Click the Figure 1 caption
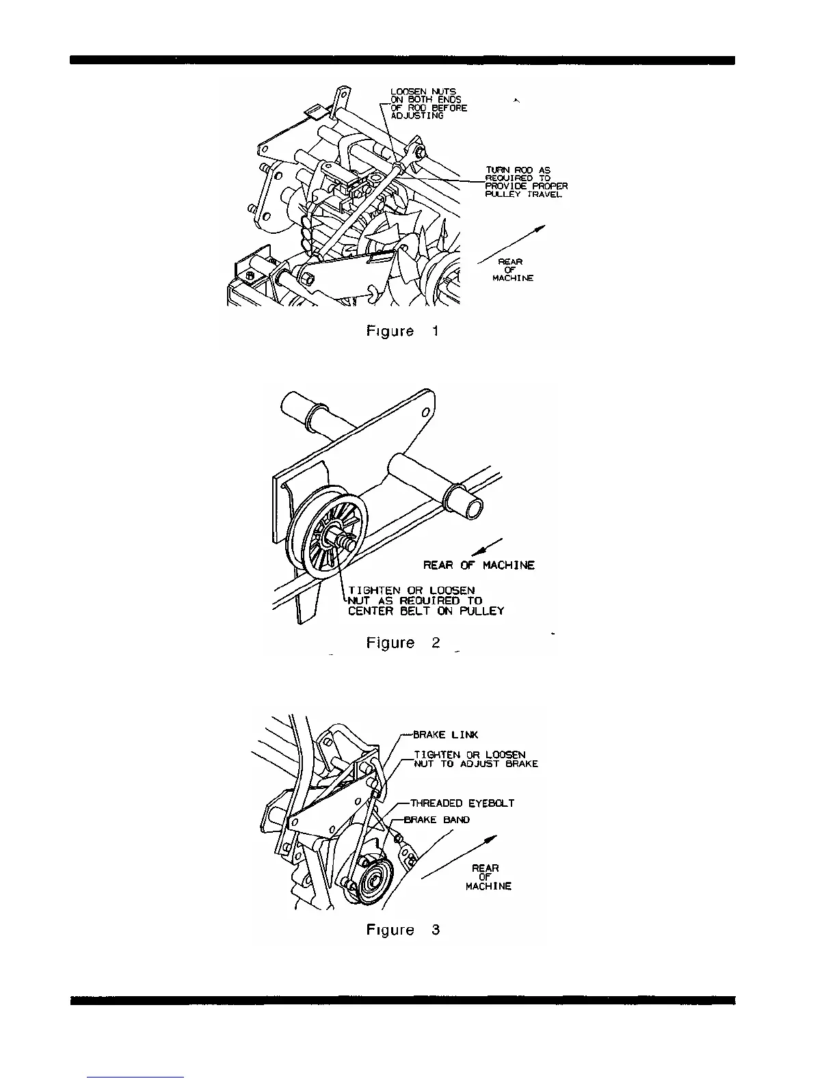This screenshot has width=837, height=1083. [403, 332]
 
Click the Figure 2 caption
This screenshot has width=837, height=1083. [403, 643]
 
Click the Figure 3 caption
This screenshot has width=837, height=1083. [403, 931]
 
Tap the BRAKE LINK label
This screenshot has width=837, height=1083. [446, 735]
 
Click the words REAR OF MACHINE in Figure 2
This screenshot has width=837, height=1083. [479, 565]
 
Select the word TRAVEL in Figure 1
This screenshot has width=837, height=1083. [545, 194]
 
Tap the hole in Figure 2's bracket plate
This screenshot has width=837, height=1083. [425, 412]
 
